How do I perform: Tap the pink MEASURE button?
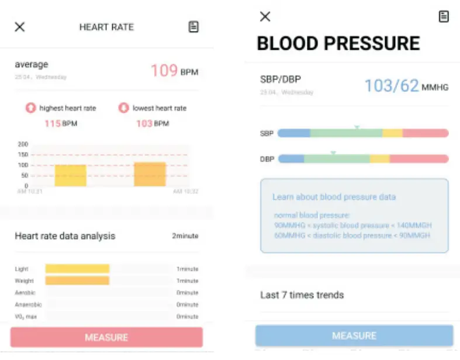106,337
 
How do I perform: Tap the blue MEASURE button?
354,335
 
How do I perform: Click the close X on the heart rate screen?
20,27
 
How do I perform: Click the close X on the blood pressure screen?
265,16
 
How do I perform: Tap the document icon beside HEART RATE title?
193,27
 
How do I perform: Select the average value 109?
164,71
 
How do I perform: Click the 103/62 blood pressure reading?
392,86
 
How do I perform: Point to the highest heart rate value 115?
53,123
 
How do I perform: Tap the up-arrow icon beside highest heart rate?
30,108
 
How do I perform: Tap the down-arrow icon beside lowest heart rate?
123,108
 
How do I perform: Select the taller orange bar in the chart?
150,174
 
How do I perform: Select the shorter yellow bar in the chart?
71,175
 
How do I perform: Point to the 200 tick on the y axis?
23,144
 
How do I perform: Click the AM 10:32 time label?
185,192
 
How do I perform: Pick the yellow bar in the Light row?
77,269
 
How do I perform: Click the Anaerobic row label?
26,304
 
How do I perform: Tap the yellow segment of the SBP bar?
392,133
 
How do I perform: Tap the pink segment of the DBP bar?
419,159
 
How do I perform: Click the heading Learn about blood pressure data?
334,197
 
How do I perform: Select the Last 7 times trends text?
302,295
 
